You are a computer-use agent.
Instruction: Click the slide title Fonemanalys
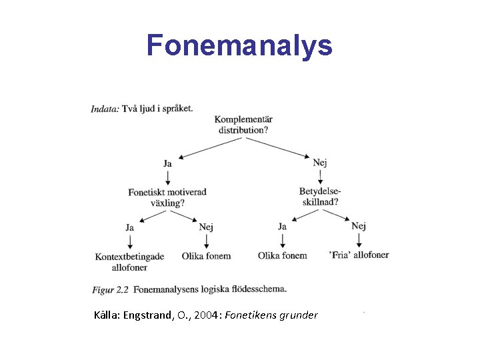(x=239, y=45)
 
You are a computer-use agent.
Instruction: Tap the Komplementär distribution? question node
(x=243, y=125)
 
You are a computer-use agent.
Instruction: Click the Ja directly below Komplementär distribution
(x=167, y=163)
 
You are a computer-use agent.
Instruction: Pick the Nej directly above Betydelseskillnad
(x=320, y=162)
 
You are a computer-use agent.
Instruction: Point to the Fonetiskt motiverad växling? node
(x=167, y=197)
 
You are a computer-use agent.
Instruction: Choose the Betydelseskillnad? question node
(x=320, y=197)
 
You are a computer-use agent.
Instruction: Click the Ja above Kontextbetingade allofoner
(x=129, y=227)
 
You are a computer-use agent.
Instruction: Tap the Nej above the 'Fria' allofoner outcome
(x=359, y=226)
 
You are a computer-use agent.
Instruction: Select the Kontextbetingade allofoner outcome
(x=129, y=261)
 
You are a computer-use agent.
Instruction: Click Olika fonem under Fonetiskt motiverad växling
(x=206, y=256)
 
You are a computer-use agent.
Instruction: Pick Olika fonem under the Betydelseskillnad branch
(x=283, y=255)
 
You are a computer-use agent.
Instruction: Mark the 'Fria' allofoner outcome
(x=359, y=255)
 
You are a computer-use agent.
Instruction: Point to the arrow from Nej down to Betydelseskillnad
(x=320, y=176)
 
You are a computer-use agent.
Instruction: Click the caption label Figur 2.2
(x=110, y=290)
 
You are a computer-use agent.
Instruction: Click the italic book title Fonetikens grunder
(x=271, y=315)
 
